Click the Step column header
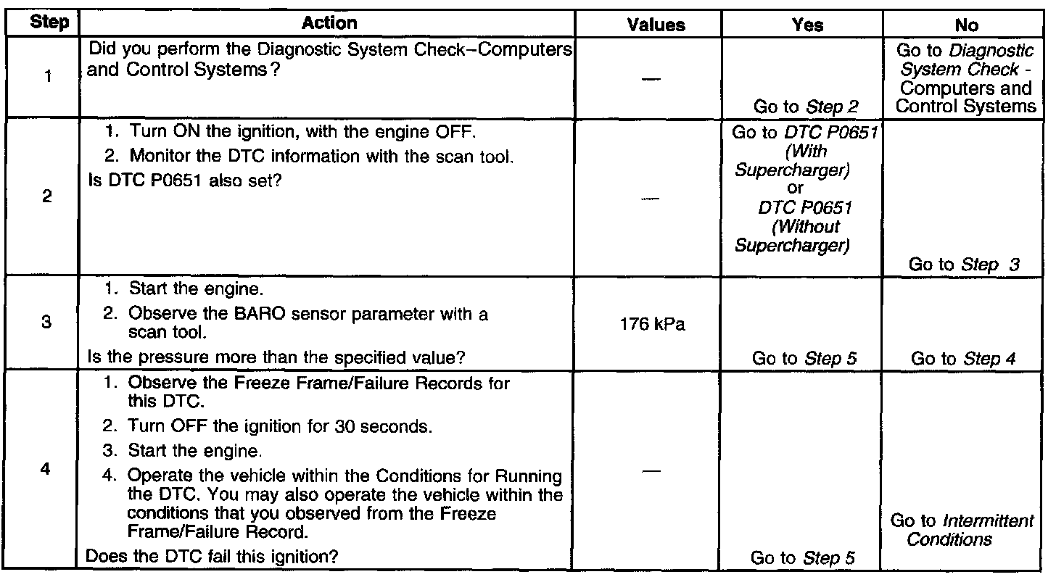pos(50,24)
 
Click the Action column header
pos(329,24)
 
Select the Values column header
pos(656,25)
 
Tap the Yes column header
pos(808,25)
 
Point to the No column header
pos(967,25)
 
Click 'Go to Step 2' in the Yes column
pos(806,107)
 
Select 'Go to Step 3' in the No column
pos(964,265)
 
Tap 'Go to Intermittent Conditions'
pos(962,530)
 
